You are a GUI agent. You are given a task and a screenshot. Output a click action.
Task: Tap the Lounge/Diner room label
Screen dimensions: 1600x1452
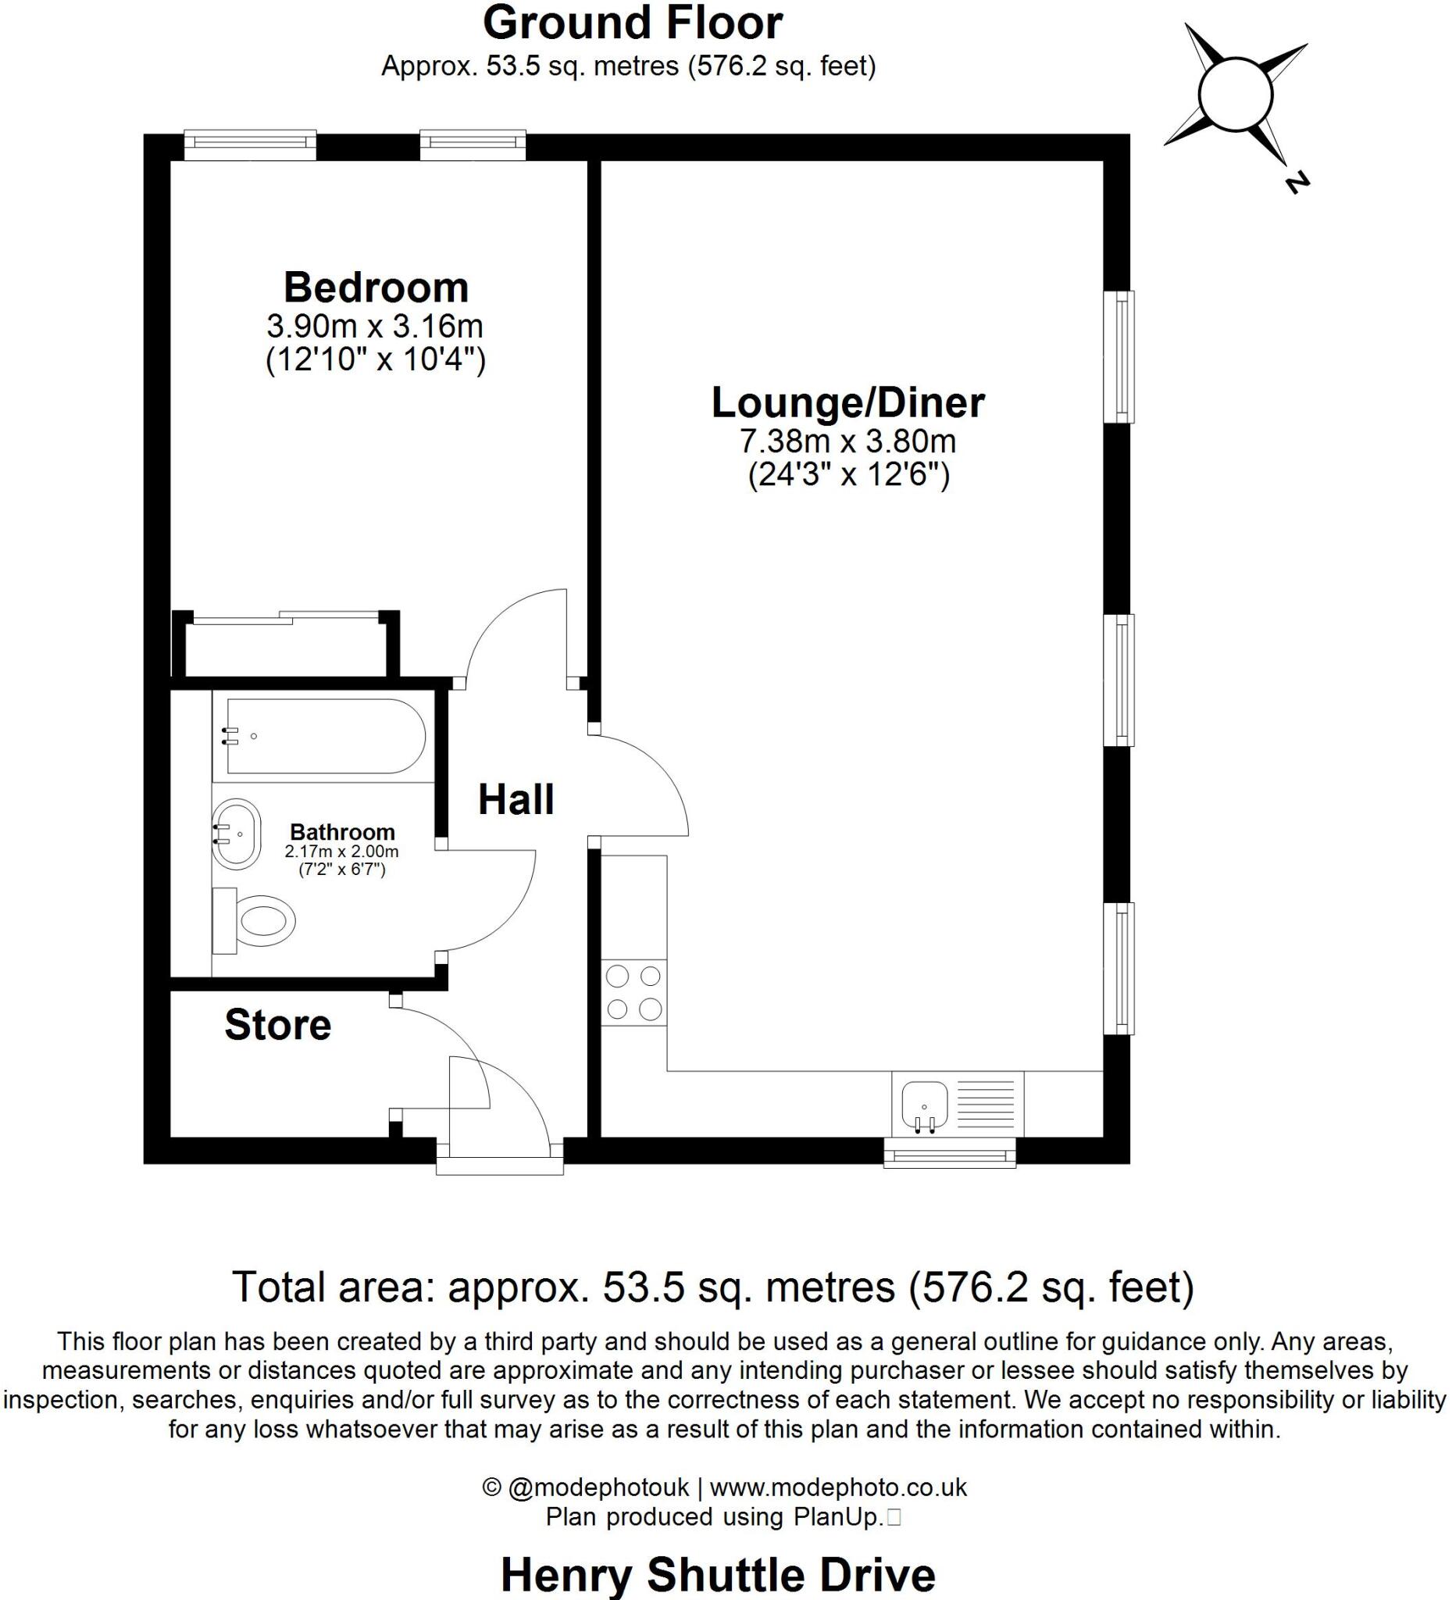tap(847, 402)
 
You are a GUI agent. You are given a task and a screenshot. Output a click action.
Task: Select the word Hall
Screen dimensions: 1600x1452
tap(516, 799)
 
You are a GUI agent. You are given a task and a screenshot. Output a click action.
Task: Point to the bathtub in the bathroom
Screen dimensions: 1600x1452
tap(325, 736)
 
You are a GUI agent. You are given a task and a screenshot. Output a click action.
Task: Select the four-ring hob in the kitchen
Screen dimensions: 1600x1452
tap(633, 992)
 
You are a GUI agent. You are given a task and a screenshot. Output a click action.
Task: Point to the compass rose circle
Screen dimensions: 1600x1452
tap(1236, 95)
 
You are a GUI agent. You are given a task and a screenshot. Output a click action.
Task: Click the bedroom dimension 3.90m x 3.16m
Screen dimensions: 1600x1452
tap(374, 327)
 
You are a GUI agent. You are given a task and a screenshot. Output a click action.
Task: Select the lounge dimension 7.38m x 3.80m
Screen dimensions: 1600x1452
tap(847, 441)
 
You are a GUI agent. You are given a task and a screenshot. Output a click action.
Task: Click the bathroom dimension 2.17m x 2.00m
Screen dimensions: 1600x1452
tap(341, 852)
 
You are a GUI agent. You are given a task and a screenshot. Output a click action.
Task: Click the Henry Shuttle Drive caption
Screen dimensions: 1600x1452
tap(718, 1574)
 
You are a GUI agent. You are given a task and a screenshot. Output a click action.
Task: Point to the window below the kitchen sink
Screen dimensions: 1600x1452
tap(950, 1153)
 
